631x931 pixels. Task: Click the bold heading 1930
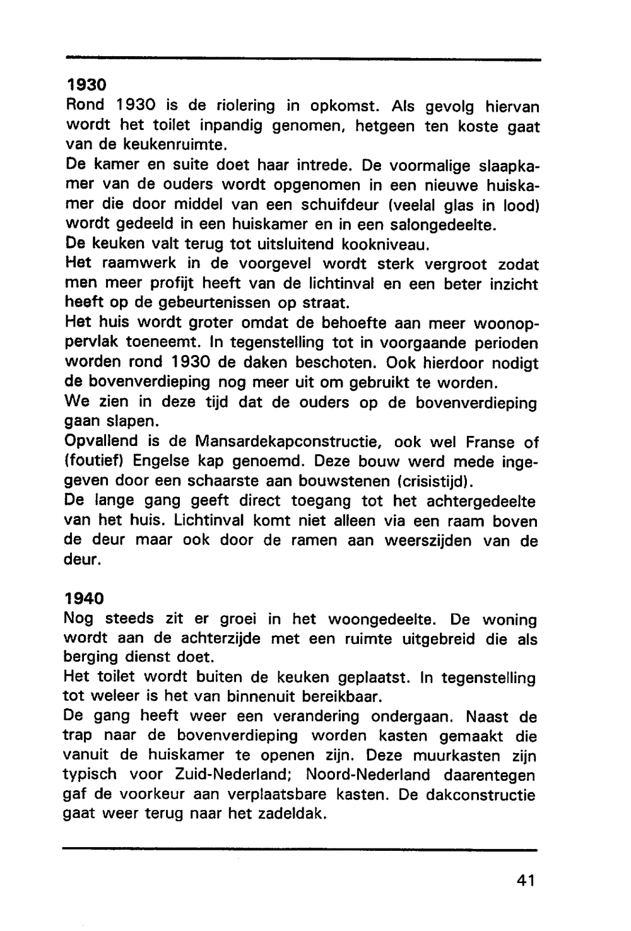86,84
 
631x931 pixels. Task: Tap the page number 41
525,881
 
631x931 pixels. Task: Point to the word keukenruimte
164,145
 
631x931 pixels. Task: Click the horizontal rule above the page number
300,850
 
